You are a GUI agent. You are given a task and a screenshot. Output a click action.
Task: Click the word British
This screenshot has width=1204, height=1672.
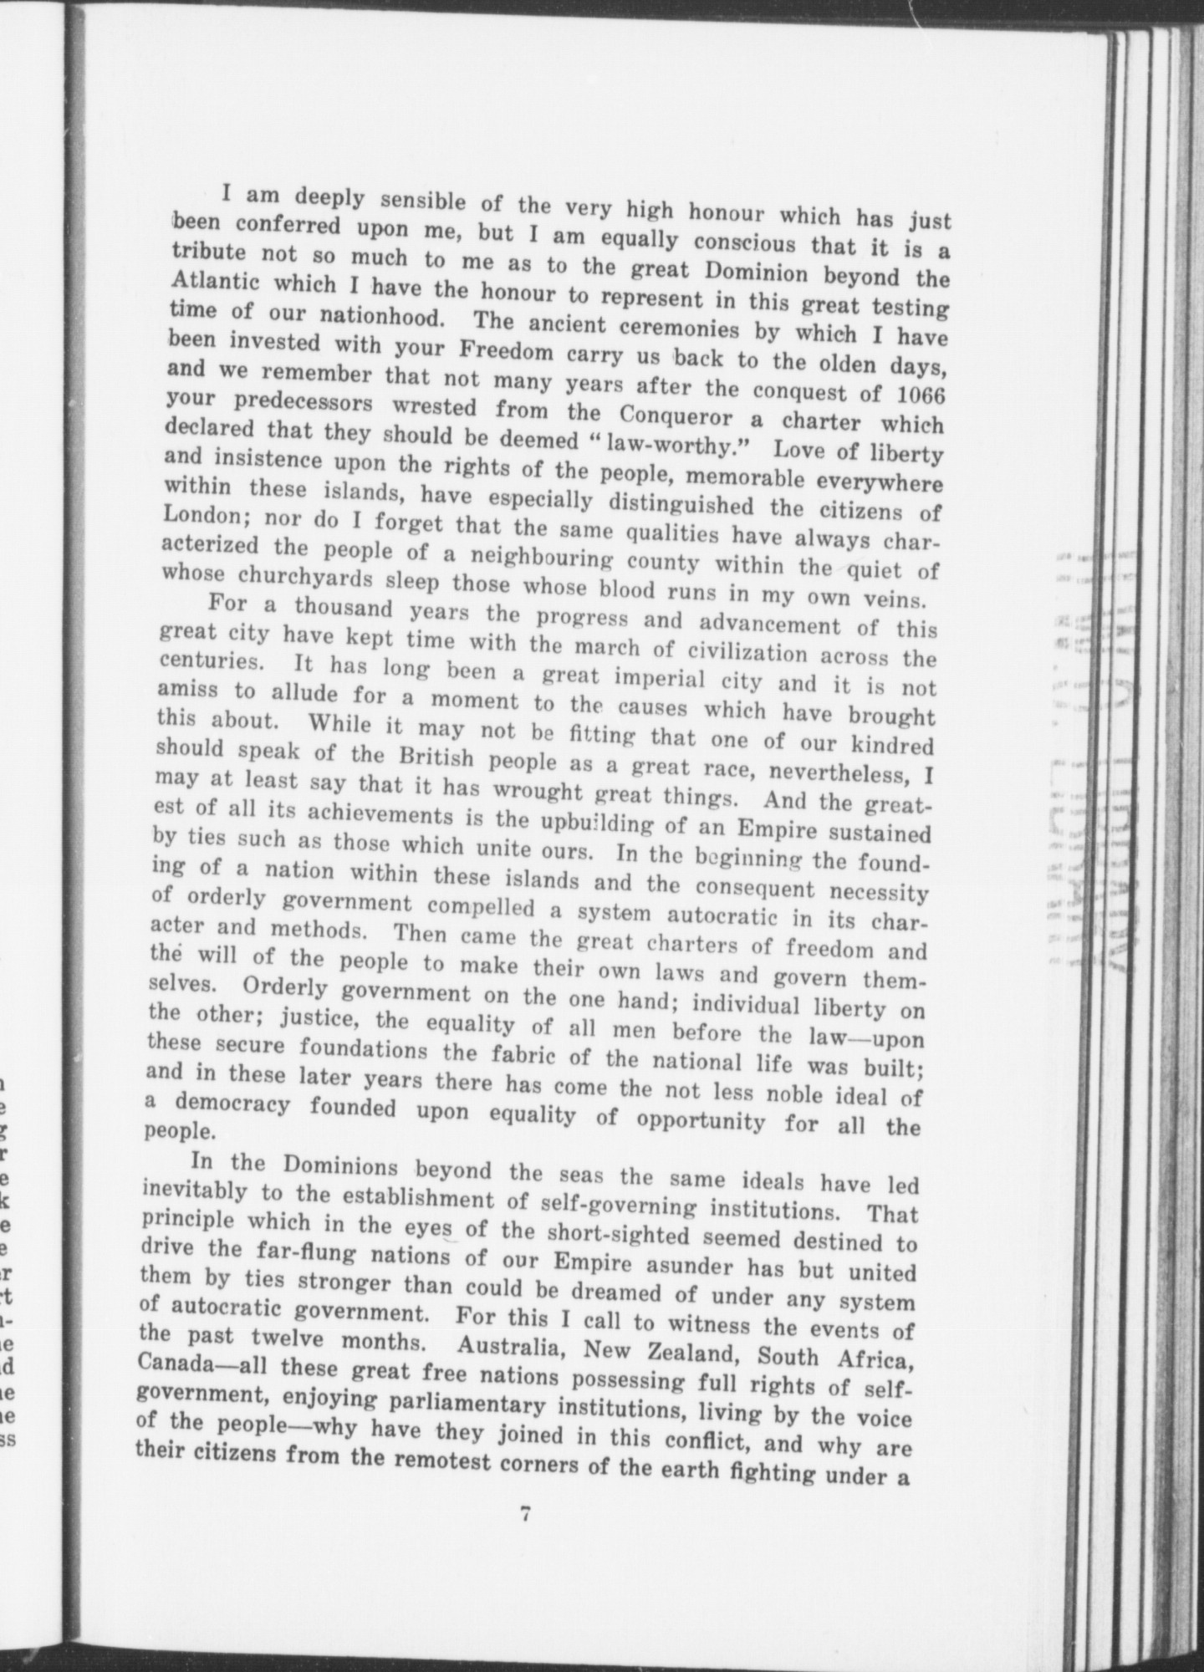coord(436,757)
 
